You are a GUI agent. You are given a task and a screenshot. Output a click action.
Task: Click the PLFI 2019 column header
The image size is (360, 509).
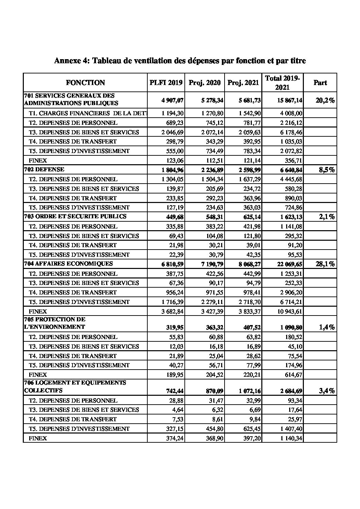coord(166,83)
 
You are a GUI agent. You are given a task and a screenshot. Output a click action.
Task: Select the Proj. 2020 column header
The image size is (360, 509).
coord(204,83)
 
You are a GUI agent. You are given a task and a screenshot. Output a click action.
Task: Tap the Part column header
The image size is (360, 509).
coord(320,83)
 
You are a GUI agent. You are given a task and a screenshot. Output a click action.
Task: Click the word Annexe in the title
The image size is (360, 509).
coord(67,61)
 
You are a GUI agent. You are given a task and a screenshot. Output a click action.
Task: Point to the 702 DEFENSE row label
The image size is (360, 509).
coord(44,169)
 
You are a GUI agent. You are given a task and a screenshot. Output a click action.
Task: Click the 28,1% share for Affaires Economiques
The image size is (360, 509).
coord(325,264)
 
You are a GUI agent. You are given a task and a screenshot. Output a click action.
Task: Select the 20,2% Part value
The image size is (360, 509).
coord(325,100)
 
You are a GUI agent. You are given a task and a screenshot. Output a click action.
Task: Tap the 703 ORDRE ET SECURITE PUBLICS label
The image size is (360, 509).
coord(75,216)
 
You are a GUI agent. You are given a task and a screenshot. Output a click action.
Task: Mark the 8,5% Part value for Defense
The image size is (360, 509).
coord(327,170)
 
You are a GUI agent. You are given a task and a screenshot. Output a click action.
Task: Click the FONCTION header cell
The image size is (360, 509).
coord(85,83)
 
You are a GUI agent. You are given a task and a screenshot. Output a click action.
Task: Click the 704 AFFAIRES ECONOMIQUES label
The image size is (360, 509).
coord(68,264)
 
